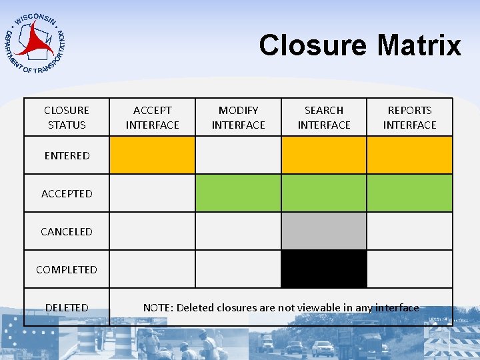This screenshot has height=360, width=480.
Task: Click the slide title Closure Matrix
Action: [360, 45]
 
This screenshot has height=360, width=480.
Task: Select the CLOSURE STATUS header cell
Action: [67, 117]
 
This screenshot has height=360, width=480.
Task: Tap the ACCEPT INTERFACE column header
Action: [153, 117]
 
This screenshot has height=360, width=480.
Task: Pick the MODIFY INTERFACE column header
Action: [238, 117]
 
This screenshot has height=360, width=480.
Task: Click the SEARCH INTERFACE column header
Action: [324, 117]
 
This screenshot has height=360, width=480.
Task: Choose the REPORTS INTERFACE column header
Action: [409, 117]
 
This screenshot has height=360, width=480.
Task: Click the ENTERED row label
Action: [67, 155]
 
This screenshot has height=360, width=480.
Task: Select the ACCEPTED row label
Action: [67, 193]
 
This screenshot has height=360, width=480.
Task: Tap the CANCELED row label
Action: [67, 231]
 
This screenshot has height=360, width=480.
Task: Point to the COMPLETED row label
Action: [67, 269]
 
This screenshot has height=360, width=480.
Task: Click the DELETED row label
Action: [67, 307]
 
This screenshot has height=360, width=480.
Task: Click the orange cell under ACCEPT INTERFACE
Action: [153, 155]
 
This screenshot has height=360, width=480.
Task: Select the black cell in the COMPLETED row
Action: [324, 269]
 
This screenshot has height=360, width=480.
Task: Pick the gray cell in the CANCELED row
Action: [324, 231]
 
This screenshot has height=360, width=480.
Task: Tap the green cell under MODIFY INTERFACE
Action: [238, 193]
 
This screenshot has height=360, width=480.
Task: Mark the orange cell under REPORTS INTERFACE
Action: [409, 155]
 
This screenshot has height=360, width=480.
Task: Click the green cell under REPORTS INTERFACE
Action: [409, 193]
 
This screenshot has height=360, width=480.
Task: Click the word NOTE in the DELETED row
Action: [157, 307]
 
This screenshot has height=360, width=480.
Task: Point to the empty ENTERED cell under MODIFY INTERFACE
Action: [238, 155]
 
